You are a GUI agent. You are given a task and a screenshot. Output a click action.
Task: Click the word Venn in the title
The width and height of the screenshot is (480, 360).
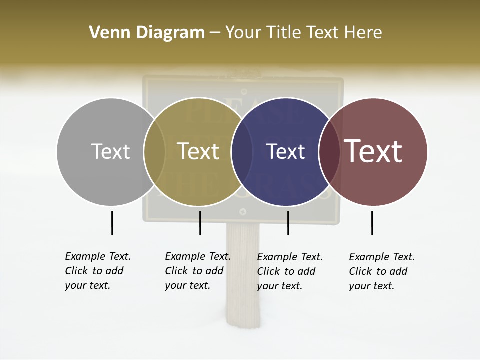pos(105,33)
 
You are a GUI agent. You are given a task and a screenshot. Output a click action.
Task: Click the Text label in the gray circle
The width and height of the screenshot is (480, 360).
pos(110,151)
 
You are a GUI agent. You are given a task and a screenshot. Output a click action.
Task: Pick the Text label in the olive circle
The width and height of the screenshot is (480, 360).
pos(198,151)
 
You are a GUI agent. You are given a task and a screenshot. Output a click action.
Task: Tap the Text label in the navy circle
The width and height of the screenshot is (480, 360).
pos(285,151)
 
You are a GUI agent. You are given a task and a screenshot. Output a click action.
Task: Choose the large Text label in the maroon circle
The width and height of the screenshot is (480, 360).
pos(373,151)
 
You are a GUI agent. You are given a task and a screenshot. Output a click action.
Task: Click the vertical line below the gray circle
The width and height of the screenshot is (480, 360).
pos(112,223)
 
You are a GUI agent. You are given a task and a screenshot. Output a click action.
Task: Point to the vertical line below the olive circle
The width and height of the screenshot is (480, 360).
pos(200,223)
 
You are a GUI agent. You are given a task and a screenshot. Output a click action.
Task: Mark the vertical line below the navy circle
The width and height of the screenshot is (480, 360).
pos(288,223)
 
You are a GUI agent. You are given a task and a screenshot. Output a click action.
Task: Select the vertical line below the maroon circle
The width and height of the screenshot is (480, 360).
pos(372,223)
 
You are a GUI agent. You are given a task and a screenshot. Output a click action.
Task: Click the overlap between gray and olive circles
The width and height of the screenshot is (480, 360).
pos(154,151)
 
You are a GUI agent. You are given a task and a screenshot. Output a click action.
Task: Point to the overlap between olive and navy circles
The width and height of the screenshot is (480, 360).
pos(242,151)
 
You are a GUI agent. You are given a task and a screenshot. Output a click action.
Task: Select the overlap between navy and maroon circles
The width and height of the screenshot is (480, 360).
pos(329,151)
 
